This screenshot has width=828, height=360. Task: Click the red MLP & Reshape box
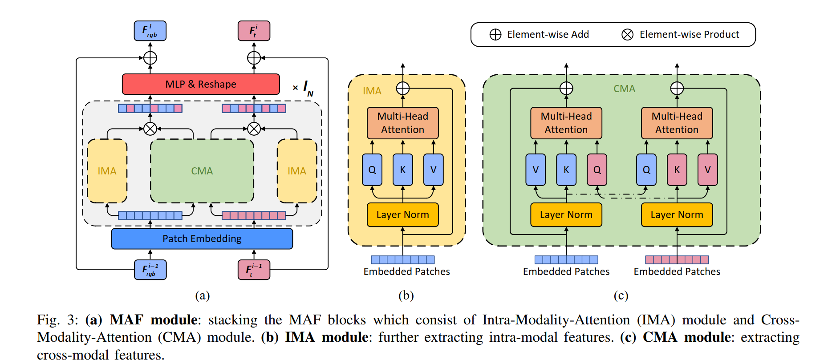pos(201,84)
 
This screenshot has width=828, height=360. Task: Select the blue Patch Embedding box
pos(202,239)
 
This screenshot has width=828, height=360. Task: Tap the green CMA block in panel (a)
pos(202,171)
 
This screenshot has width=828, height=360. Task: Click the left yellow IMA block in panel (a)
pos(107,171)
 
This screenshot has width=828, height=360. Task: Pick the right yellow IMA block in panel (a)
pos(297,171)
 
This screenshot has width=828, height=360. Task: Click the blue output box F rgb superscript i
pos(150,31)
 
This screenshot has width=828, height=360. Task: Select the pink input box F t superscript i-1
pos(254,270)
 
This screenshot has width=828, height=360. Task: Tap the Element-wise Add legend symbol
pos(495,35)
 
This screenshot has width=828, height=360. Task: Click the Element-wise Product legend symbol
pos(627,35)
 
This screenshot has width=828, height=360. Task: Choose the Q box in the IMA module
pos(372,170)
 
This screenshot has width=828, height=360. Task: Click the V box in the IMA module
pos(433,170)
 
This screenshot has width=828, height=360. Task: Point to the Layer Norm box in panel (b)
pos(402,214)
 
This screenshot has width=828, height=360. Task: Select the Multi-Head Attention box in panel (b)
pos(402,123)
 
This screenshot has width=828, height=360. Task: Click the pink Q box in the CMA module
pos(597,170)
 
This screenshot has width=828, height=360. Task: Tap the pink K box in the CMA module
pos(677,170)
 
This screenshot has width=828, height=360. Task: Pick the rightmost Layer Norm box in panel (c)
pos(677,214)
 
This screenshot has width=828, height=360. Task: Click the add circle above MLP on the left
pos(150,58)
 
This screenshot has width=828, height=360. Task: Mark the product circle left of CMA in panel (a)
pos(150,129)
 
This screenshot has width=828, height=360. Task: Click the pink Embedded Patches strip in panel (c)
pos(677,259)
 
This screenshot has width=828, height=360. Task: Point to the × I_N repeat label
pos(304,88)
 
